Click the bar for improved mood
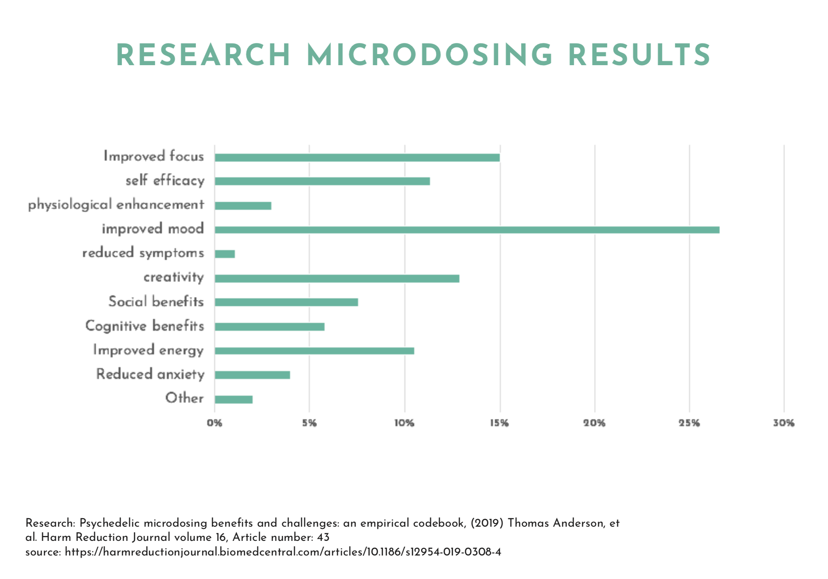pyautogui.click(x=467, y=230)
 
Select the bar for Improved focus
pyautogui.click(x=357, y=157)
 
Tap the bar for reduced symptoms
pyautogui.click(x=225, y=254)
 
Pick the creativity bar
pyautogui.click(x=337, y=278)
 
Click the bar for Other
pyautogui.click(x=234, y=399)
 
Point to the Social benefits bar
pyautogui.click(x=286, y=302)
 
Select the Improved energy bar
pyautogui.click(x=314, y=351)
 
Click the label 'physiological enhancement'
pyautogui.click(x=116, y=205)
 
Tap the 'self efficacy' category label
pyautogui.click(x=165, y=180)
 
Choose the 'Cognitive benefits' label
pyautogui.click(x=145, y=326)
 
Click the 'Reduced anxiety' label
pyautogui.click(x=150, y=374)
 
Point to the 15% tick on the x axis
pyautogui.click(x=500, y=423)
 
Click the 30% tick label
pyautogui.click(x=784, y=423)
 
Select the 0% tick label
pyautogui.click(x=215, y=423)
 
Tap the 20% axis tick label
pyautogui.click(x=594, y=423)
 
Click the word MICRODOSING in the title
pyautogui.click(x=429, y=56)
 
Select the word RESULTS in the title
pyautogui.click(x=639, y=56)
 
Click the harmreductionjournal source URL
pyautogui.click(x=283, y=552)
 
